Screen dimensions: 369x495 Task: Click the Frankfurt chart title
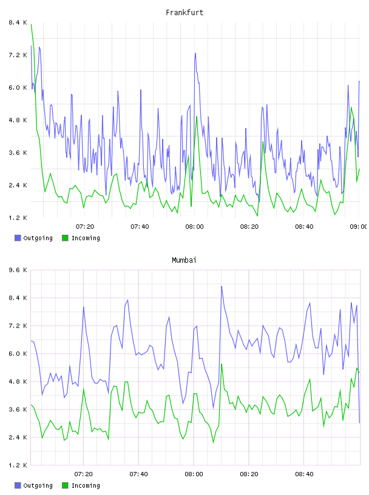pos(184,12)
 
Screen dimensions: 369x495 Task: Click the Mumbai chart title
pos(184,260)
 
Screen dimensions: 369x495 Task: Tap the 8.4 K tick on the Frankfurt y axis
pos(18,22)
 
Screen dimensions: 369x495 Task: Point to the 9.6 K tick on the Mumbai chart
pos(18,270)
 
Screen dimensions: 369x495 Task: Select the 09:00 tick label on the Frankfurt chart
pos(358,226)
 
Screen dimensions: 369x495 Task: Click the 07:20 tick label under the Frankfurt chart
pos(85,226)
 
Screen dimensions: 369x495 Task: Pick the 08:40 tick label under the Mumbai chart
pos(304,474)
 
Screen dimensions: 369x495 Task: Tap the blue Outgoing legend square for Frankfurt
pos(18,238)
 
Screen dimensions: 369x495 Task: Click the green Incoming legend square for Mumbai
pos(65,485)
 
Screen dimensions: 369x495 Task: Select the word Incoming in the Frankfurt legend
pos(86,238)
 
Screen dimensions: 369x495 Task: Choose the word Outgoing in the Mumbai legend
pos(38,485)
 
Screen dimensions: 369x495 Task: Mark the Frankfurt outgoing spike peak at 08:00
pos(195,53)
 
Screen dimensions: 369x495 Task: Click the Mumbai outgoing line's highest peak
pos(222,286)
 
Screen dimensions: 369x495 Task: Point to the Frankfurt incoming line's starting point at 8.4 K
pos(31,24)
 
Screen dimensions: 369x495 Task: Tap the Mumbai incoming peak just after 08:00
pos(222,364)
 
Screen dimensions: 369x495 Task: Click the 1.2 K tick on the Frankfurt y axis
pos(18,218)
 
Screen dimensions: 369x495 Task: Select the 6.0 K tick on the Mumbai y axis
pos(18,354)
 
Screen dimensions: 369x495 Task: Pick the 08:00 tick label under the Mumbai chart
pos(194,474)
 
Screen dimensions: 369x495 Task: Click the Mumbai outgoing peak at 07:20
pos(84,306)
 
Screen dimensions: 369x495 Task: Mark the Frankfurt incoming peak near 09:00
pos(351,107)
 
